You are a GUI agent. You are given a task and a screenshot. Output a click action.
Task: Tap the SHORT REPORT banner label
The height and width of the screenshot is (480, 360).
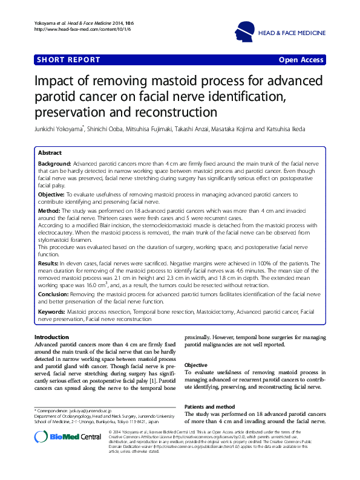tap(59, 60)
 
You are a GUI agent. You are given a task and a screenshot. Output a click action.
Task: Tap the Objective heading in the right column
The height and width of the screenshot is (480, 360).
tap(196, 366)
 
